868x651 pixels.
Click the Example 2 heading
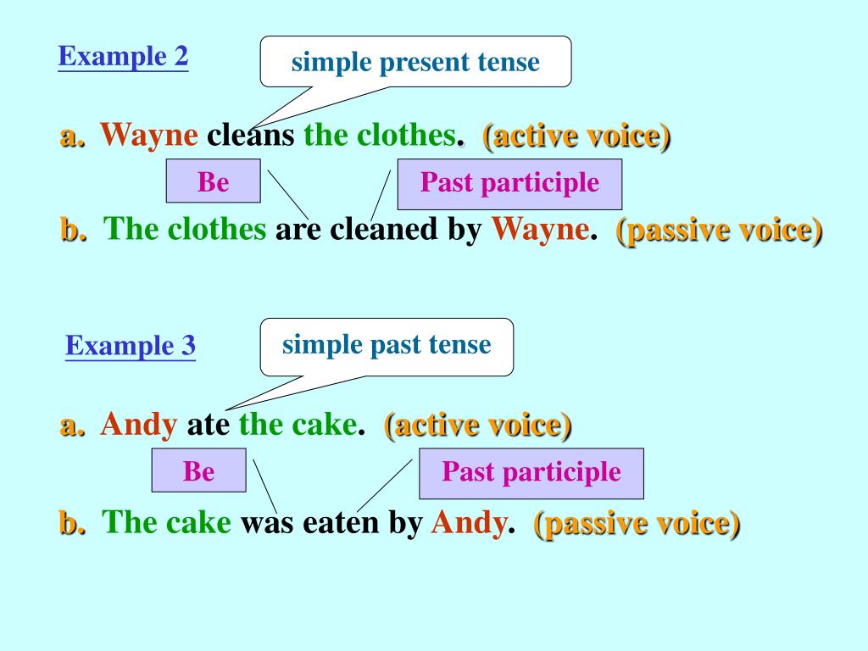(x=123, y=57)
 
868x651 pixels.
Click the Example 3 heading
(x=131, y=346)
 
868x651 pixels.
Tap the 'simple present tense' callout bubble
(x=415, y=61)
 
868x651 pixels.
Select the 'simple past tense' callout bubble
(x=387, y=346)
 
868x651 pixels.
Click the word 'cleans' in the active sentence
(x=251, y=135)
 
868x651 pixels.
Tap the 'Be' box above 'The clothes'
(x=213, y=181)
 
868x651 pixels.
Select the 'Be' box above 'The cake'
(x=198, y=470)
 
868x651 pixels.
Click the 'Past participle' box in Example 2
(x=509, y=184)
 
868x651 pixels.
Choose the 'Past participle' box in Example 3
(x=531, y=473)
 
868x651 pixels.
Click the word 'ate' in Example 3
(x=209, y=426)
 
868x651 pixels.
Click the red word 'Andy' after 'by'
(x=469, y=523)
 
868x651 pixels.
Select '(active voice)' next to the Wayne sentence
(x=576, y=136)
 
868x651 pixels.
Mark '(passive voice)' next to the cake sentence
(x=637, y=524)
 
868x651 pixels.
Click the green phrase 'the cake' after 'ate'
(x=298, y=426)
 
